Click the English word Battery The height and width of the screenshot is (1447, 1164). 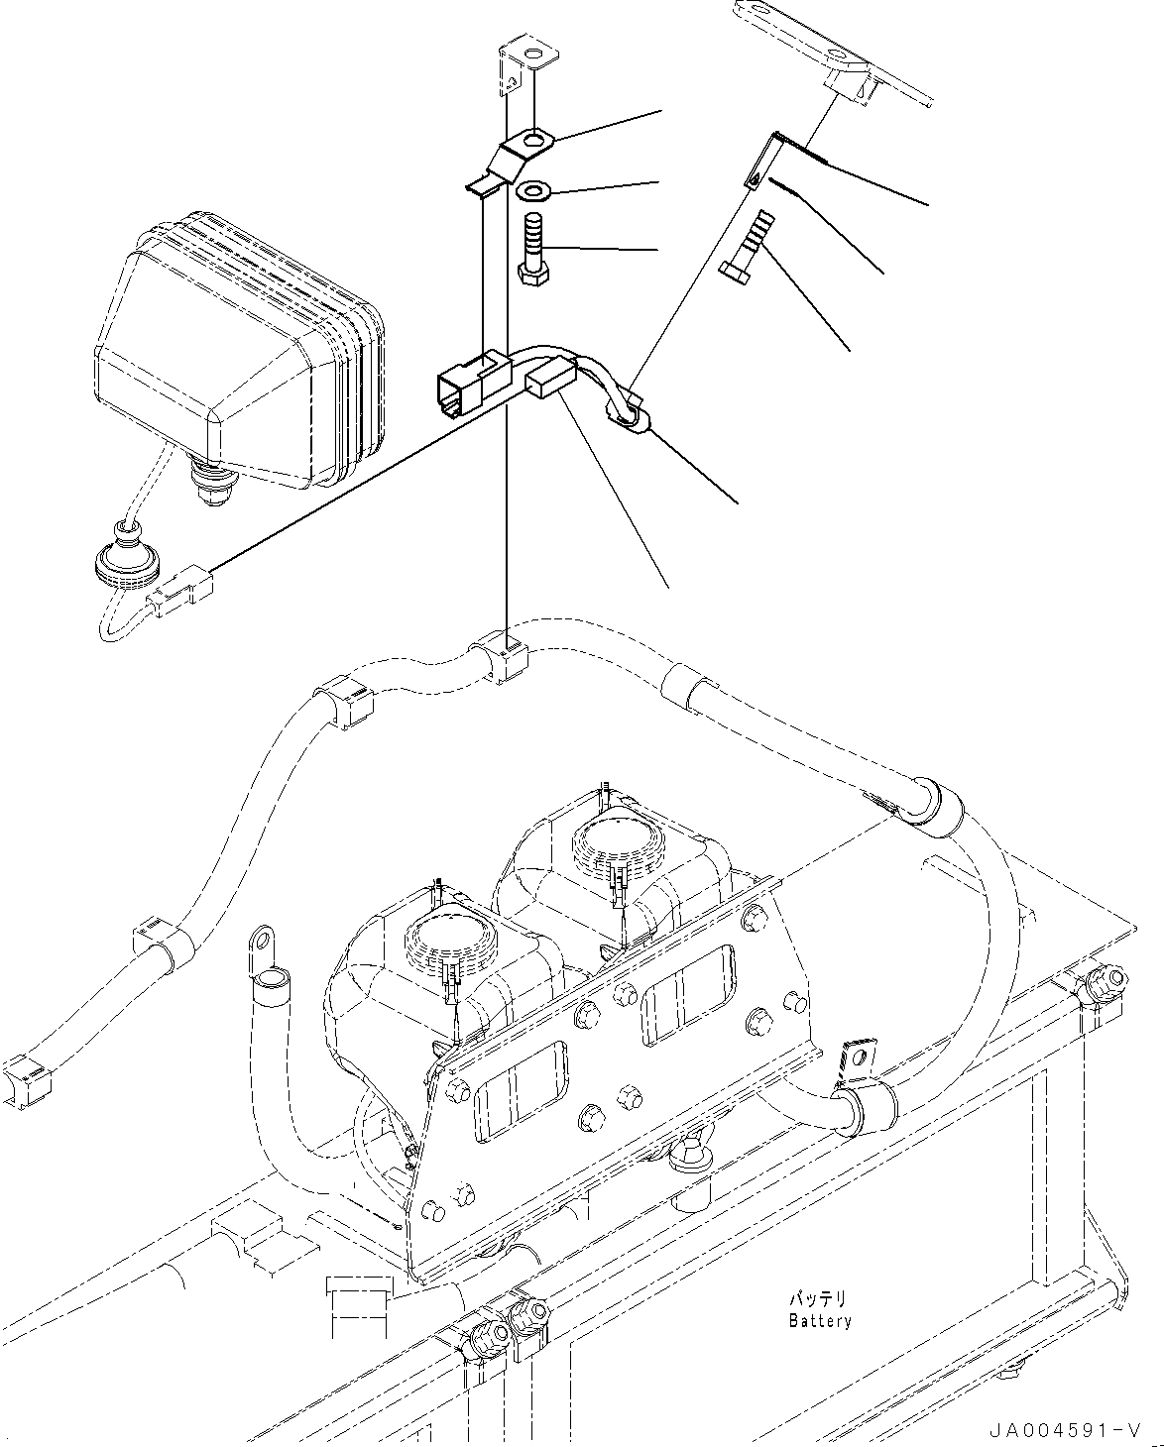click(x=820, y=1321)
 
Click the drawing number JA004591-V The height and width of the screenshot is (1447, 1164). click(x=1064, y=1430)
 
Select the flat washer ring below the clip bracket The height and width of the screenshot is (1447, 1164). click(x=536, y=188)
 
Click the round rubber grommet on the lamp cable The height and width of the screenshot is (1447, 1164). click(x=125, y=561)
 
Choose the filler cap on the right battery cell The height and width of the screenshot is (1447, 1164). click(x=611, y=843)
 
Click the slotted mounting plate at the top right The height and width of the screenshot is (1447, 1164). click(x=833, y=56)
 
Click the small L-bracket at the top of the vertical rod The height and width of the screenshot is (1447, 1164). click(x=522, y=61)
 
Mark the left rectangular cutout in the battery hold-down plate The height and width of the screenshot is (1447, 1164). click(x=520, y=1094)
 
